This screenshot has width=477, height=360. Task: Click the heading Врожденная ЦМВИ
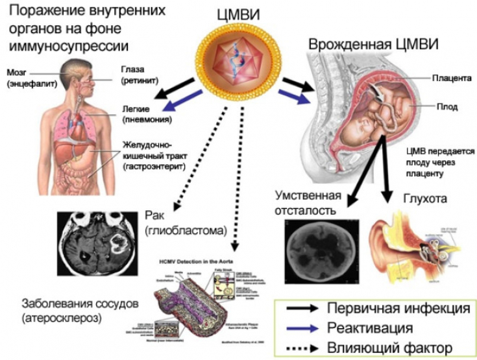[x=373, y=45]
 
